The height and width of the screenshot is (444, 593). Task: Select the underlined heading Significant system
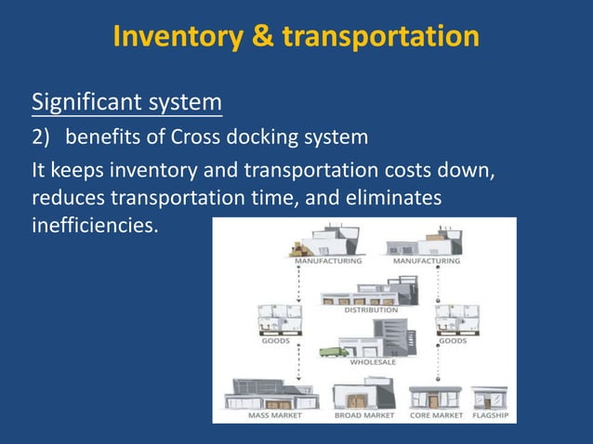point(127,100)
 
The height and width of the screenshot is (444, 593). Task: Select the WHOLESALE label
point(373,362)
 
